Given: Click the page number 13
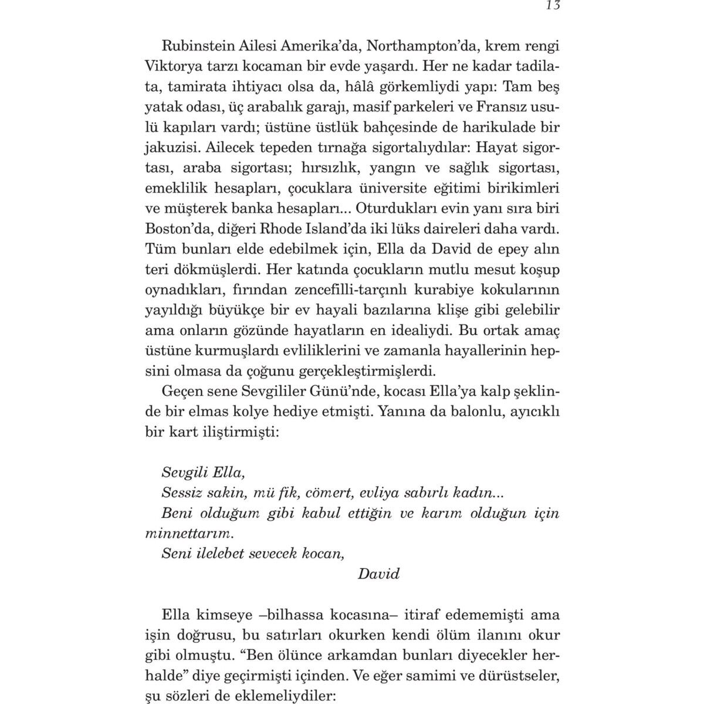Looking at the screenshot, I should click(x=553, y=6).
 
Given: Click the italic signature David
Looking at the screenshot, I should click(x=378, y=574).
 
